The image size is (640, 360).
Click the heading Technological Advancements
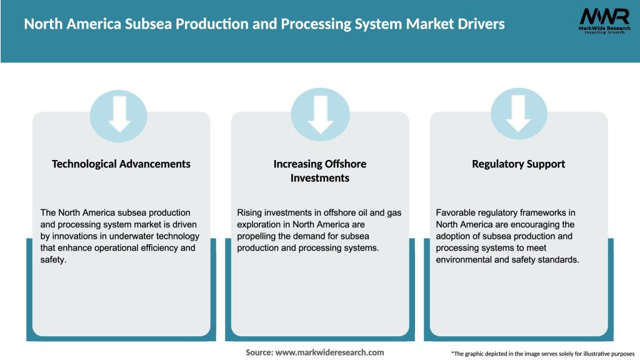[121, 164]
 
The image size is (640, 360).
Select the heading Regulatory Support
[518, 164]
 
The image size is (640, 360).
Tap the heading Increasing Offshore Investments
[320, 171]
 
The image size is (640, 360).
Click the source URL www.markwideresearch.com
[329, 352]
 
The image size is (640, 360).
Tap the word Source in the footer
[259, 352]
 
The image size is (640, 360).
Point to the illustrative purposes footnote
[542, 354]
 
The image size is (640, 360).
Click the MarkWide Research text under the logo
[604, 29]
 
